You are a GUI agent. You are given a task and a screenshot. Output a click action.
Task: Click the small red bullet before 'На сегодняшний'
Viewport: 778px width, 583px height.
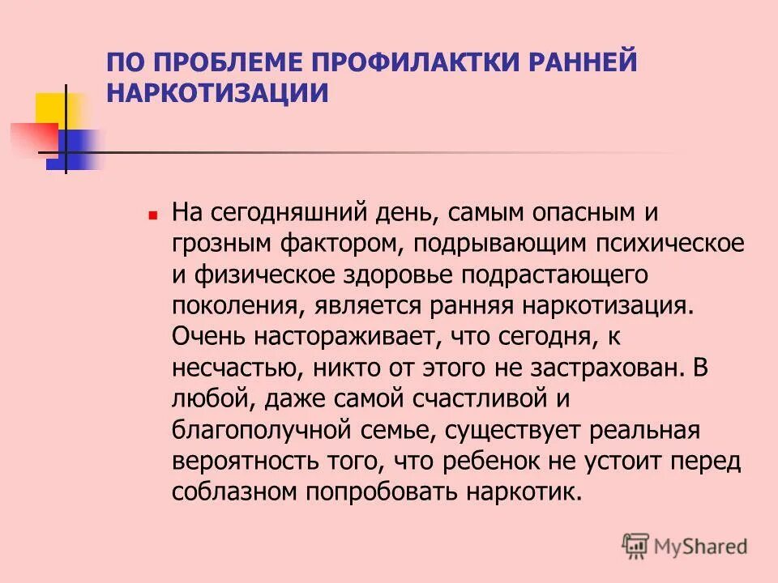pyautogui.click(x=152, y=217)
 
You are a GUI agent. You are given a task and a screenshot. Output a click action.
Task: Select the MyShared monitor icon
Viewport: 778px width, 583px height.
pyautogui.click(x=635, y=545)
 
